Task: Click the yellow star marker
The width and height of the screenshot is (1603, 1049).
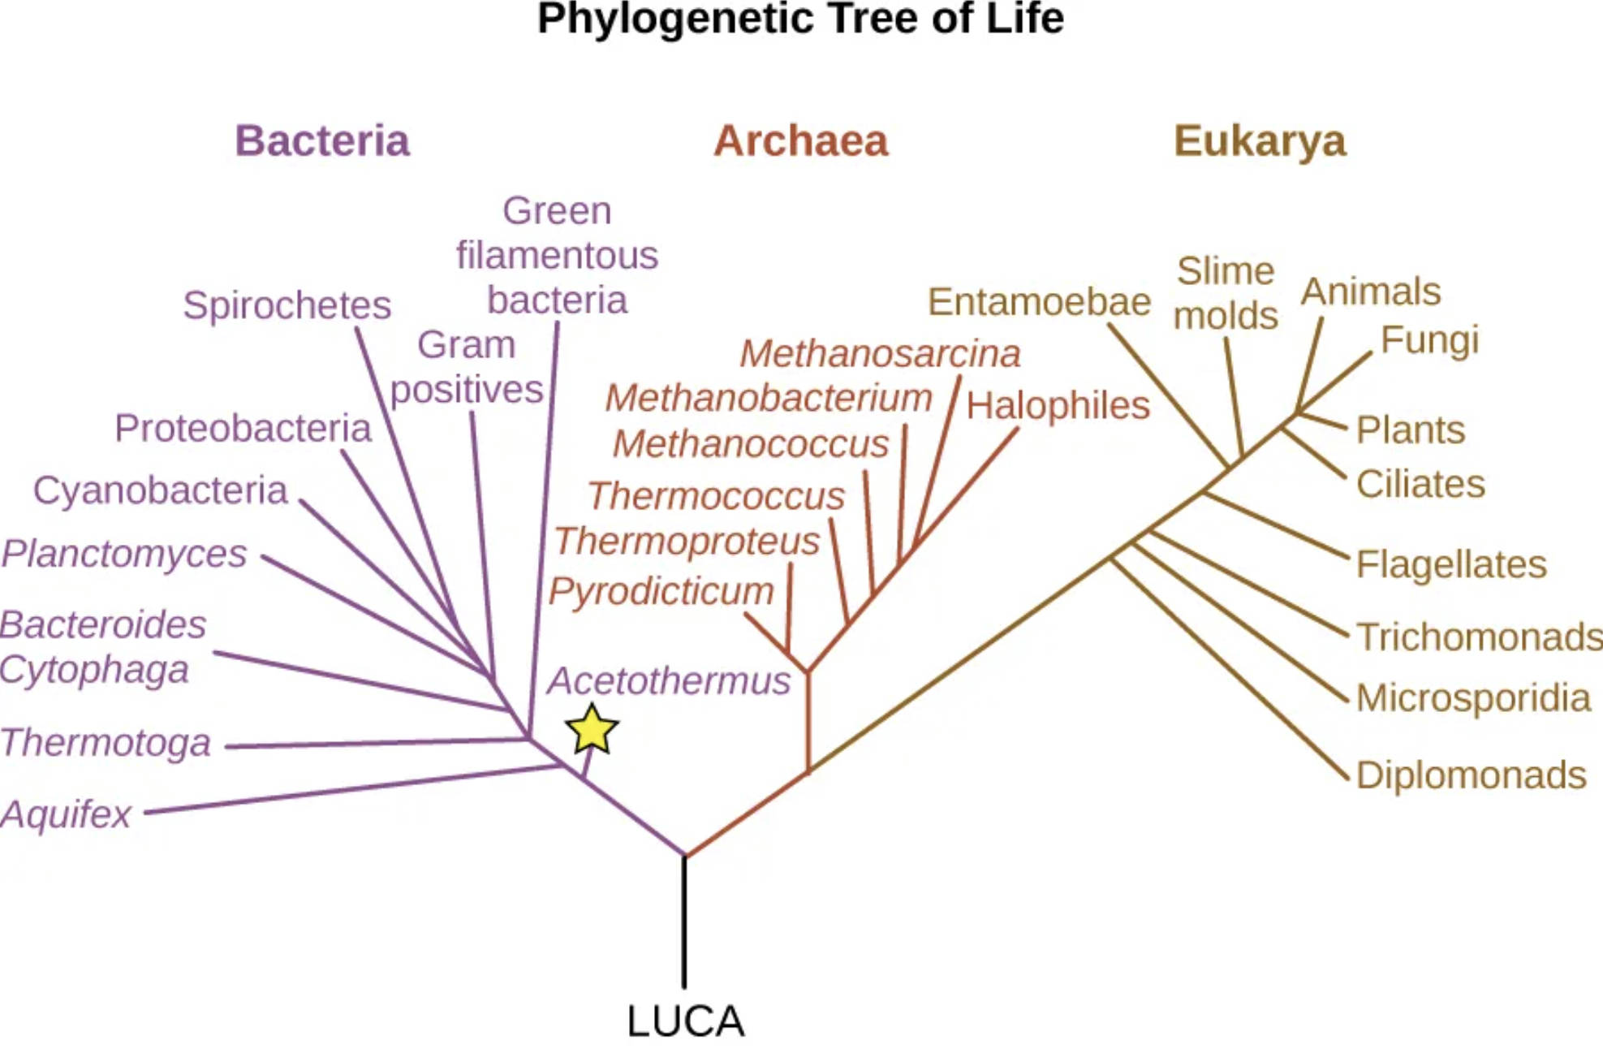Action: tap(592, 730)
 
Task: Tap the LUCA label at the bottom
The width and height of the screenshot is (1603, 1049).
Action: tap(685, 1021)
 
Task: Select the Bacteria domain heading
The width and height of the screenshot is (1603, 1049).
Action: tap(322, 140)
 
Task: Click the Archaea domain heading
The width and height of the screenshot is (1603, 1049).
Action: tap(800, 140)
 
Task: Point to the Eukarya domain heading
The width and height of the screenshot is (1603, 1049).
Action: tap(1259, 140)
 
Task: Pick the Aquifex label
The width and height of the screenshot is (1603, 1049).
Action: tap(66, 814)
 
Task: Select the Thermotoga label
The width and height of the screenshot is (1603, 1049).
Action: tap(106, 742)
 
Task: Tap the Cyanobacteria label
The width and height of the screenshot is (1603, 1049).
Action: tap(160, 490)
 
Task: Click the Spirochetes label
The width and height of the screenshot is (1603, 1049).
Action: tap(287, 305)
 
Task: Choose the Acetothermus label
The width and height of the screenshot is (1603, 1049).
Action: tap(668, 680)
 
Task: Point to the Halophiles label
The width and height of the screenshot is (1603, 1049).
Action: tap(1058, 404)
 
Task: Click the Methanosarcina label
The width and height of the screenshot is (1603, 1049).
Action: tap(880, 353)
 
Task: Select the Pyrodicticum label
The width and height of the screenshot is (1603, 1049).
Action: tap(661, 590)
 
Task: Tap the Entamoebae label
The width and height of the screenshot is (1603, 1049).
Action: tap(1039, 302)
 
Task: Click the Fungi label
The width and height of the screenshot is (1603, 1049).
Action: tap(1429, 339)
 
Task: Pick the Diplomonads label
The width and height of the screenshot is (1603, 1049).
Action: tap(1471, 775)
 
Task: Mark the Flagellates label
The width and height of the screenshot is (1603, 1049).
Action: tap(1451, 563)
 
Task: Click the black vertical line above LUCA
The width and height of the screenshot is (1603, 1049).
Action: tap(684, 922)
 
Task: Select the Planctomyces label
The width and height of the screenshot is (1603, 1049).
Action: tap(123, 554)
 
